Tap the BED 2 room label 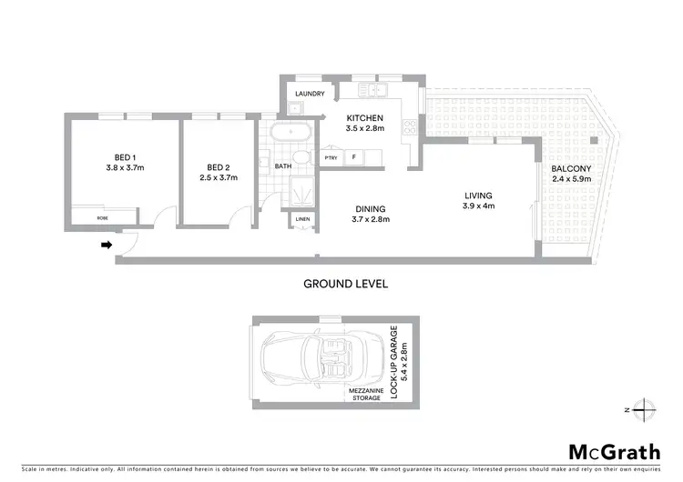(215, 167)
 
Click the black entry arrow (107, 245)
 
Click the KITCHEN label (365, 118)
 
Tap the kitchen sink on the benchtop (372, 89)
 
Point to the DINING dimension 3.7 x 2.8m (372, 219)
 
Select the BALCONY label (571, 169)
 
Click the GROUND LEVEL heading (345, 284)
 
